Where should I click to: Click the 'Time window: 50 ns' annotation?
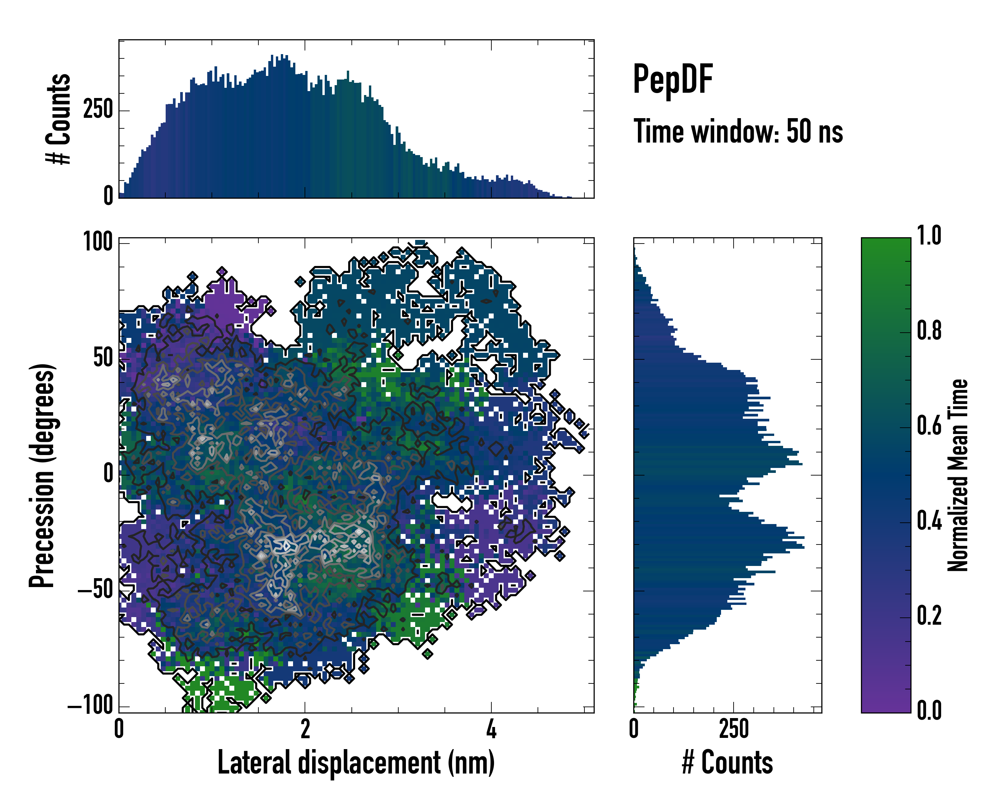(x=738, y=131)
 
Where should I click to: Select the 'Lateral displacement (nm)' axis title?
(x=356, y=763)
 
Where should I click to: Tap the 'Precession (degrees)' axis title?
(x=42, y=475)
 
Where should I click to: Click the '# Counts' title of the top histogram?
(x=58, y=118)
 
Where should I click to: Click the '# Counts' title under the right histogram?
(x=727, y=763)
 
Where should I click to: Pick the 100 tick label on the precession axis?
(x=98, y=242)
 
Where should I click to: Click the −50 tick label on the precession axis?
(x=95, y=589)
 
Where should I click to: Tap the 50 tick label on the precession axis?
(x=103, y=358)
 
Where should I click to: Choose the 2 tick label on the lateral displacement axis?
(x=305, y=729)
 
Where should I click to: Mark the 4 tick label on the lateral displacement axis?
(x=491, y=729)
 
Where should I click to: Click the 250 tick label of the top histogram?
(x=98, y=110)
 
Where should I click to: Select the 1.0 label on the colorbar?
(x=929, y=236)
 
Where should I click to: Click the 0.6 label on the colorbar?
(x=929, y=426)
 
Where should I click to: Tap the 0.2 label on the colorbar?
(x=929, y=616)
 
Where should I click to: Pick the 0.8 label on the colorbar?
(x=929, y=331)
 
